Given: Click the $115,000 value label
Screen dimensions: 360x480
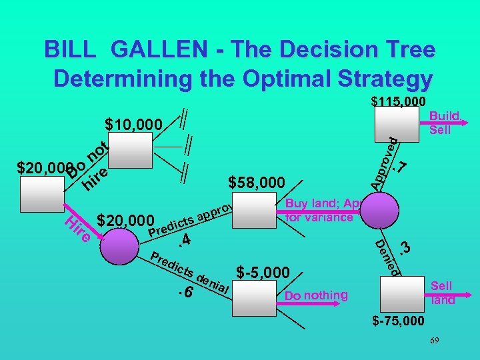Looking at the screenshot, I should (398, 102).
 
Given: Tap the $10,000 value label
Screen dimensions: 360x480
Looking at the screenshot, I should (134, 125).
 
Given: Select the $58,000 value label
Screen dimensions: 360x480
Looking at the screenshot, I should (257, 182).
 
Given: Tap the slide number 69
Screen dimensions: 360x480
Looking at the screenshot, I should (434, 341).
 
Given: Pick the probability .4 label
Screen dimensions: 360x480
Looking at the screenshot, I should (186, 240).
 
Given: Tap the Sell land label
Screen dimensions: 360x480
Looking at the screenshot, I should (441, 293).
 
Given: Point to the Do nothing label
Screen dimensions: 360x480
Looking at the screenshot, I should (316, 295).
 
